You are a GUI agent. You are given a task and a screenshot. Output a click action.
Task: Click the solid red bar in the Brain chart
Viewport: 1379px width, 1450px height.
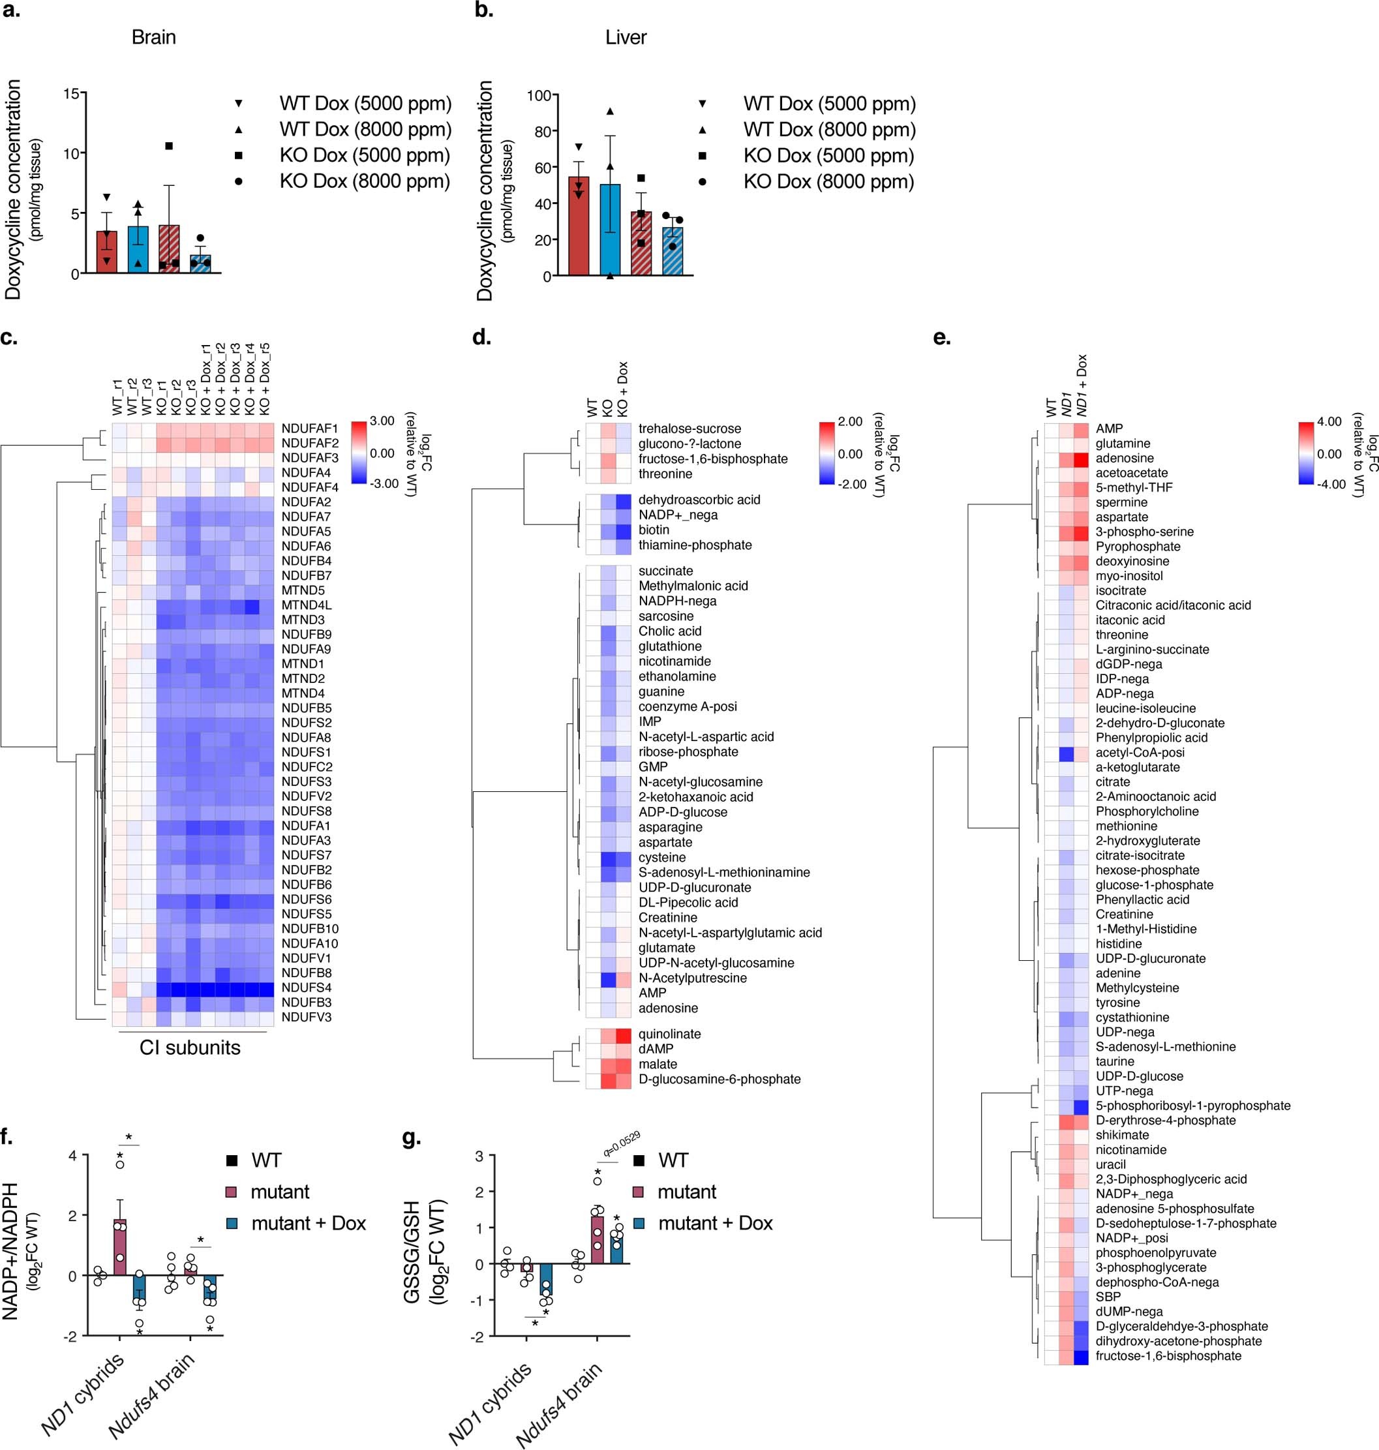[106, 252]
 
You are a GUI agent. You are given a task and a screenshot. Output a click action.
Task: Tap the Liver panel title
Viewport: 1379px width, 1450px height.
[626, 37]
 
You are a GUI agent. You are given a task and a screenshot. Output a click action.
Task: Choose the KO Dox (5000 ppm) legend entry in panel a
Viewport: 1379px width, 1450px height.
[365, 155]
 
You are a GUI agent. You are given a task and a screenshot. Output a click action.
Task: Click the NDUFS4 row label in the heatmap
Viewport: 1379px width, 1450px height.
[305, 987]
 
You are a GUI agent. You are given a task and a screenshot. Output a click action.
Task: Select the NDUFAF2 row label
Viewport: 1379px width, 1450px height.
[309, 443]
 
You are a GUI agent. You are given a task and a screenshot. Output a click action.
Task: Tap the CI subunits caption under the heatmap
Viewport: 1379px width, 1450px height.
[190, 1048]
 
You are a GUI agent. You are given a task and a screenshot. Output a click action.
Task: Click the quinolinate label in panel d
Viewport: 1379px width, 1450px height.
[670, 1033]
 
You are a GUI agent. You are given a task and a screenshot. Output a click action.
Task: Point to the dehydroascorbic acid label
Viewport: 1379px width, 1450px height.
[699, 500]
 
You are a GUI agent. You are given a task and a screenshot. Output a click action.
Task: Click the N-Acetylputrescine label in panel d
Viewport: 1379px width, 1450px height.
[693, 978]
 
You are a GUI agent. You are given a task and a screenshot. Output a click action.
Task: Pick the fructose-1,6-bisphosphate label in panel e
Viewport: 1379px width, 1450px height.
[1168, 1355]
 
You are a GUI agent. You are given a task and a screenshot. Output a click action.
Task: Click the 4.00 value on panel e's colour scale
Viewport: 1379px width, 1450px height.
[1329, 421]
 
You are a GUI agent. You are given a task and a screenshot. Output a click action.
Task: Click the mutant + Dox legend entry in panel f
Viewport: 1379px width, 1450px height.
[308, 1223]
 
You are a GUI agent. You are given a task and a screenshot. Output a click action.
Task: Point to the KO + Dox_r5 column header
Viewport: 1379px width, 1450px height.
[265, 378]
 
